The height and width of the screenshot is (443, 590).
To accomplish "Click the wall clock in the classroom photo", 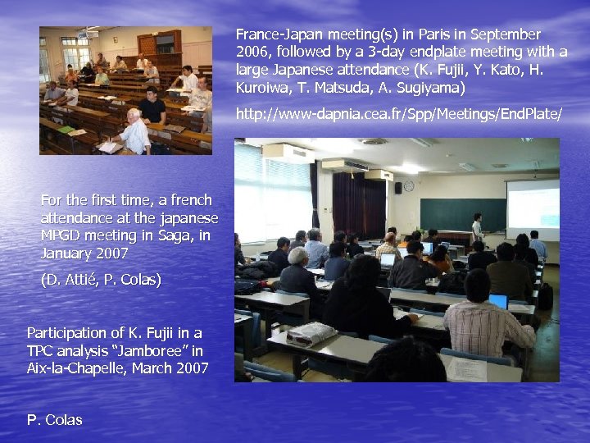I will tap(409, 186).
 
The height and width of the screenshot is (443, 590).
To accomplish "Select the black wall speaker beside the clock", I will tap(397, 187).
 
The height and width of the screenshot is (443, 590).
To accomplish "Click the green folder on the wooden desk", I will tap(66, 130).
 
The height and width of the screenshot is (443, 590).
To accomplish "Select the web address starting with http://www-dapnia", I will tap(399, 114).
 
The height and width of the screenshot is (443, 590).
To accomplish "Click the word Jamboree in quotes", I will tap(157, 350).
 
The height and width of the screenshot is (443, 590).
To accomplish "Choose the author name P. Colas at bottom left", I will tap(55, 420).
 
